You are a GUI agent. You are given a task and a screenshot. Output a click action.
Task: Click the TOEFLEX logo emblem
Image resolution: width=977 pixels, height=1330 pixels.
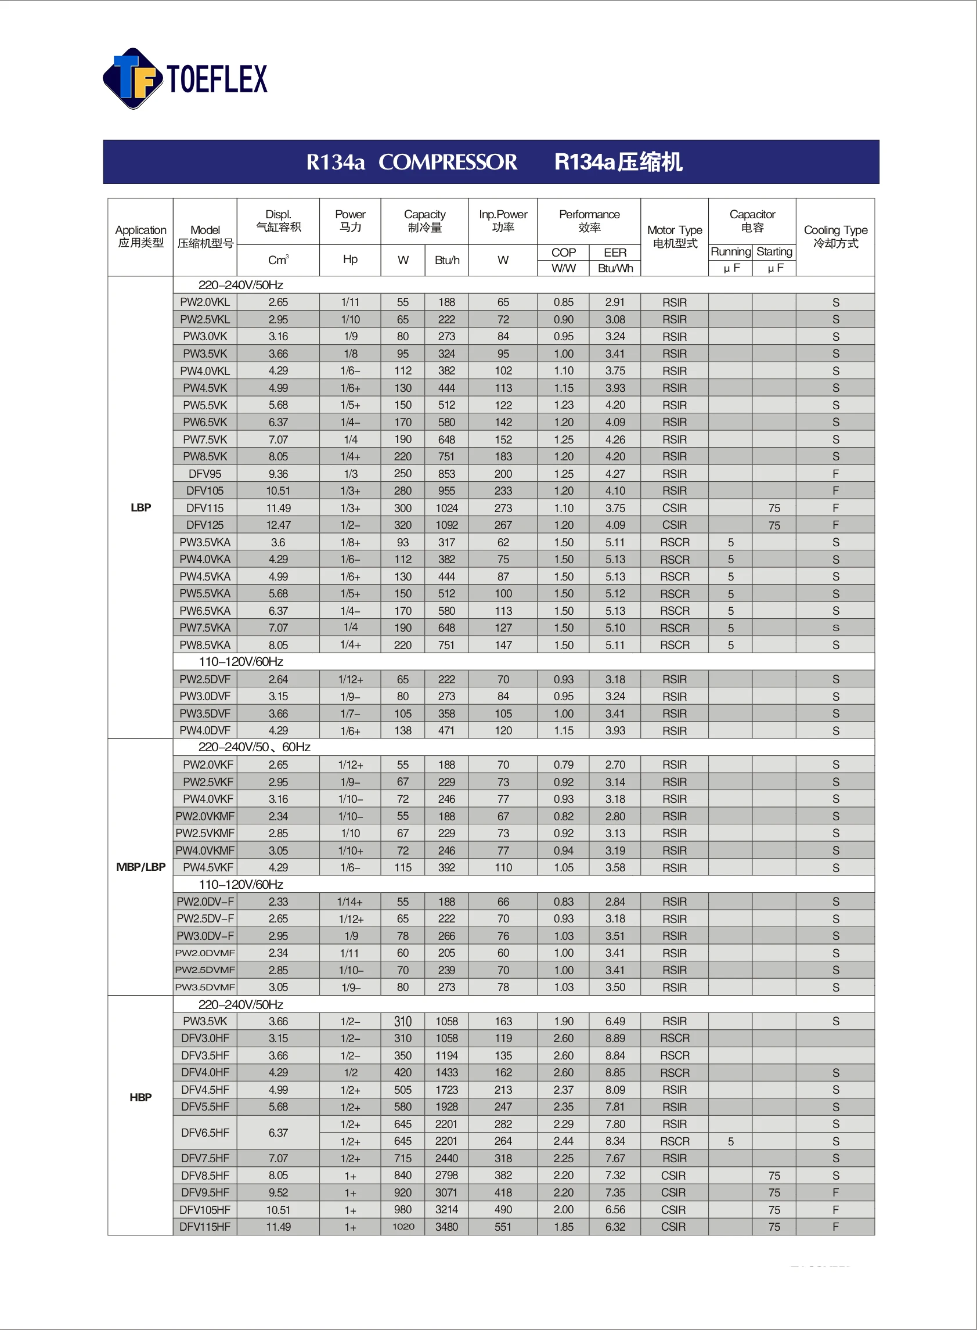(133, 78)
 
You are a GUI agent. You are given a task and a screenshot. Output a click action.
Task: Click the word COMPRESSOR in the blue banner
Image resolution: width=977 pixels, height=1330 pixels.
(448, 162)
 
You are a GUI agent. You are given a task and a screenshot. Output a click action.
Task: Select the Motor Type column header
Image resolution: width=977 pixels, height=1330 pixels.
(674, 236)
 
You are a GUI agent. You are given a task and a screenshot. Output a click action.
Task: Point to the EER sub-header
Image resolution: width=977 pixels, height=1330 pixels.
(615, 253)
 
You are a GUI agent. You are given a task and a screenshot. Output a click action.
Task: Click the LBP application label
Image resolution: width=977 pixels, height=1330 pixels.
(140, 507)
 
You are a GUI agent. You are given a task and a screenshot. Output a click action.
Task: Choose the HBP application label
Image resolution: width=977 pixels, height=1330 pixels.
(140, 1097)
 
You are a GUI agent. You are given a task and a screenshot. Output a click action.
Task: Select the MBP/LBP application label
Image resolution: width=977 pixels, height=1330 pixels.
(140, 867)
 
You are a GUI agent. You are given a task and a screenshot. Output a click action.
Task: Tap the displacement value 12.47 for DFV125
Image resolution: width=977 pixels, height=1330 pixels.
(278, 525)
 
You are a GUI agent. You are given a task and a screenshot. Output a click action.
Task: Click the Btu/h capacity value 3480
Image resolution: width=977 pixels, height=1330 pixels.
(446, 1227)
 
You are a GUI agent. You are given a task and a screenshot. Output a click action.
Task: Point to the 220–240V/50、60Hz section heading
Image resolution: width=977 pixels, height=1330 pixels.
(254, 747)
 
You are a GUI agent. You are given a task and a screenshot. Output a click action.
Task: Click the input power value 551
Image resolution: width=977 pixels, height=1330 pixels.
(503, 1227)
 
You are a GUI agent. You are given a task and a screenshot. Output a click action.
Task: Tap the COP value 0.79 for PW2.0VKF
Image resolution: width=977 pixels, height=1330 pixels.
(563, 765)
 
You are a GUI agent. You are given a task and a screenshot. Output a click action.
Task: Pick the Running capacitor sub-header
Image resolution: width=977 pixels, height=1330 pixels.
(730, 252)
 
